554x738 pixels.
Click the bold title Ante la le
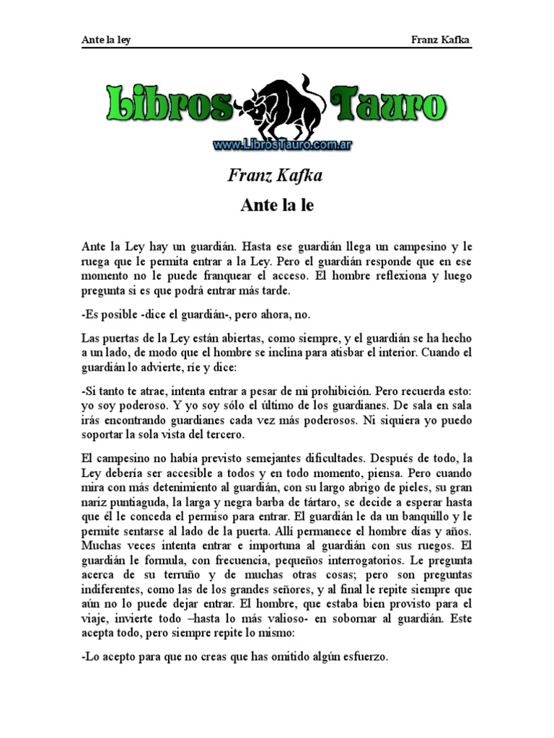(277, 205)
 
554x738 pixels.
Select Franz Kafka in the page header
(441, 40)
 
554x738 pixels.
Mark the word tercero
(226, 435)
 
